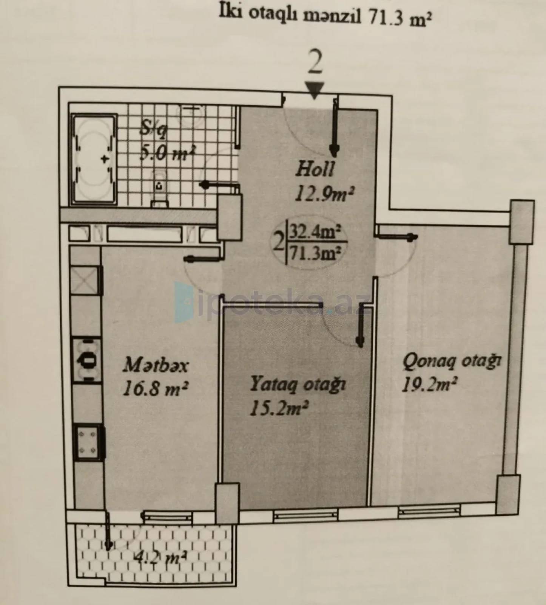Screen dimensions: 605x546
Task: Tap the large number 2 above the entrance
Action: [x=315, y=63]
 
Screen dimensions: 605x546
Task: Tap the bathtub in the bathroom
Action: [x=94, y=159]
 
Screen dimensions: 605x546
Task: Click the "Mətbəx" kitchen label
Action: [x=156, y=365]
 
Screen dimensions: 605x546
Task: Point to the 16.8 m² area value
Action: [x=156, y=388]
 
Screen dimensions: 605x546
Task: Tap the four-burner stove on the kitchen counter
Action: [x=89, y=442]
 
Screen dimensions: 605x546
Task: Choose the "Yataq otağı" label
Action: [x=298, y=384]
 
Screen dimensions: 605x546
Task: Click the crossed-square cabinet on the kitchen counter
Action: [x=86, y=280]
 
